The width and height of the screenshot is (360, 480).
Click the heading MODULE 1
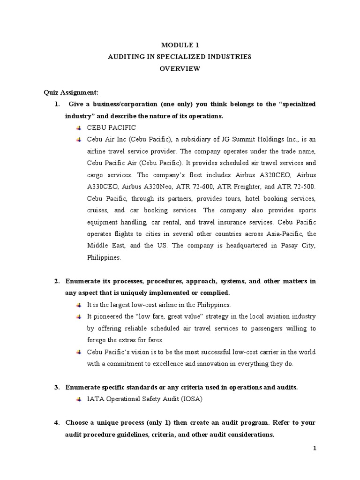tap(180, 45)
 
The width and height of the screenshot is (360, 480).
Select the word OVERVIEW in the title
tap(180, 68)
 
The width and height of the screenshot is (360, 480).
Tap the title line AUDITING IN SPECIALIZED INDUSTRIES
tap(180, 57)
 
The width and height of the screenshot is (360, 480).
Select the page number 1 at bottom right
tap(315, 449)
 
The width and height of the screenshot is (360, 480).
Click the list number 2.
tap(57, 281)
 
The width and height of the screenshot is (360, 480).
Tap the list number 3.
tap(57, 387)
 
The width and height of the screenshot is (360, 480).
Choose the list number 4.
tap(57, 422)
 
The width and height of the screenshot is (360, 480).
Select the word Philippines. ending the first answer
tap(104, 257)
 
